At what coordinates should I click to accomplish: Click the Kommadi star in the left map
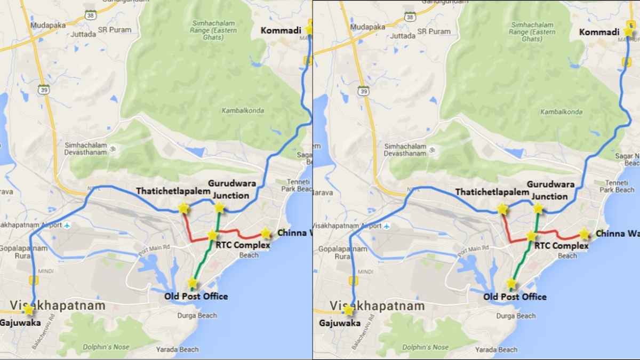[x=309, y=29]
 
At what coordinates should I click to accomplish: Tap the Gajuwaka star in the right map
[x=348, y=310]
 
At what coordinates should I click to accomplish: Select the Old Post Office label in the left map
[x=196, y=296]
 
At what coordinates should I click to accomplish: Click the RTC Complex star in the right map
[x=531, y=236]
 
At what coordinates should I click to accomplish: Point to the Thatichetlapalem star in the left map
[x=183, y=208]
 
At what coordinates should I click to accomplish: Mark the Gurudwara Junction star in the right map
[x=538, y=208]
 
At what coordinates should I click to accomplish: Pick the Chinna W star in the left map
[x=266, y=233]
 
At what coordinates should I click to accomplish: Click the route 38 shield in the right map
[x=410, y=17]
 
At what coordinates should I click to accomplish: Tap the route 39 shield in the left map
[x=44, y=89]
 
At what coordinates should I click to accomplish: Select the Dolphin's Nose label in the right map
[x=425, y=347]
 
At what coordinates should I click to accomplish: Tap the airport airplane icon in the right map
[x=387, y=226]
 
